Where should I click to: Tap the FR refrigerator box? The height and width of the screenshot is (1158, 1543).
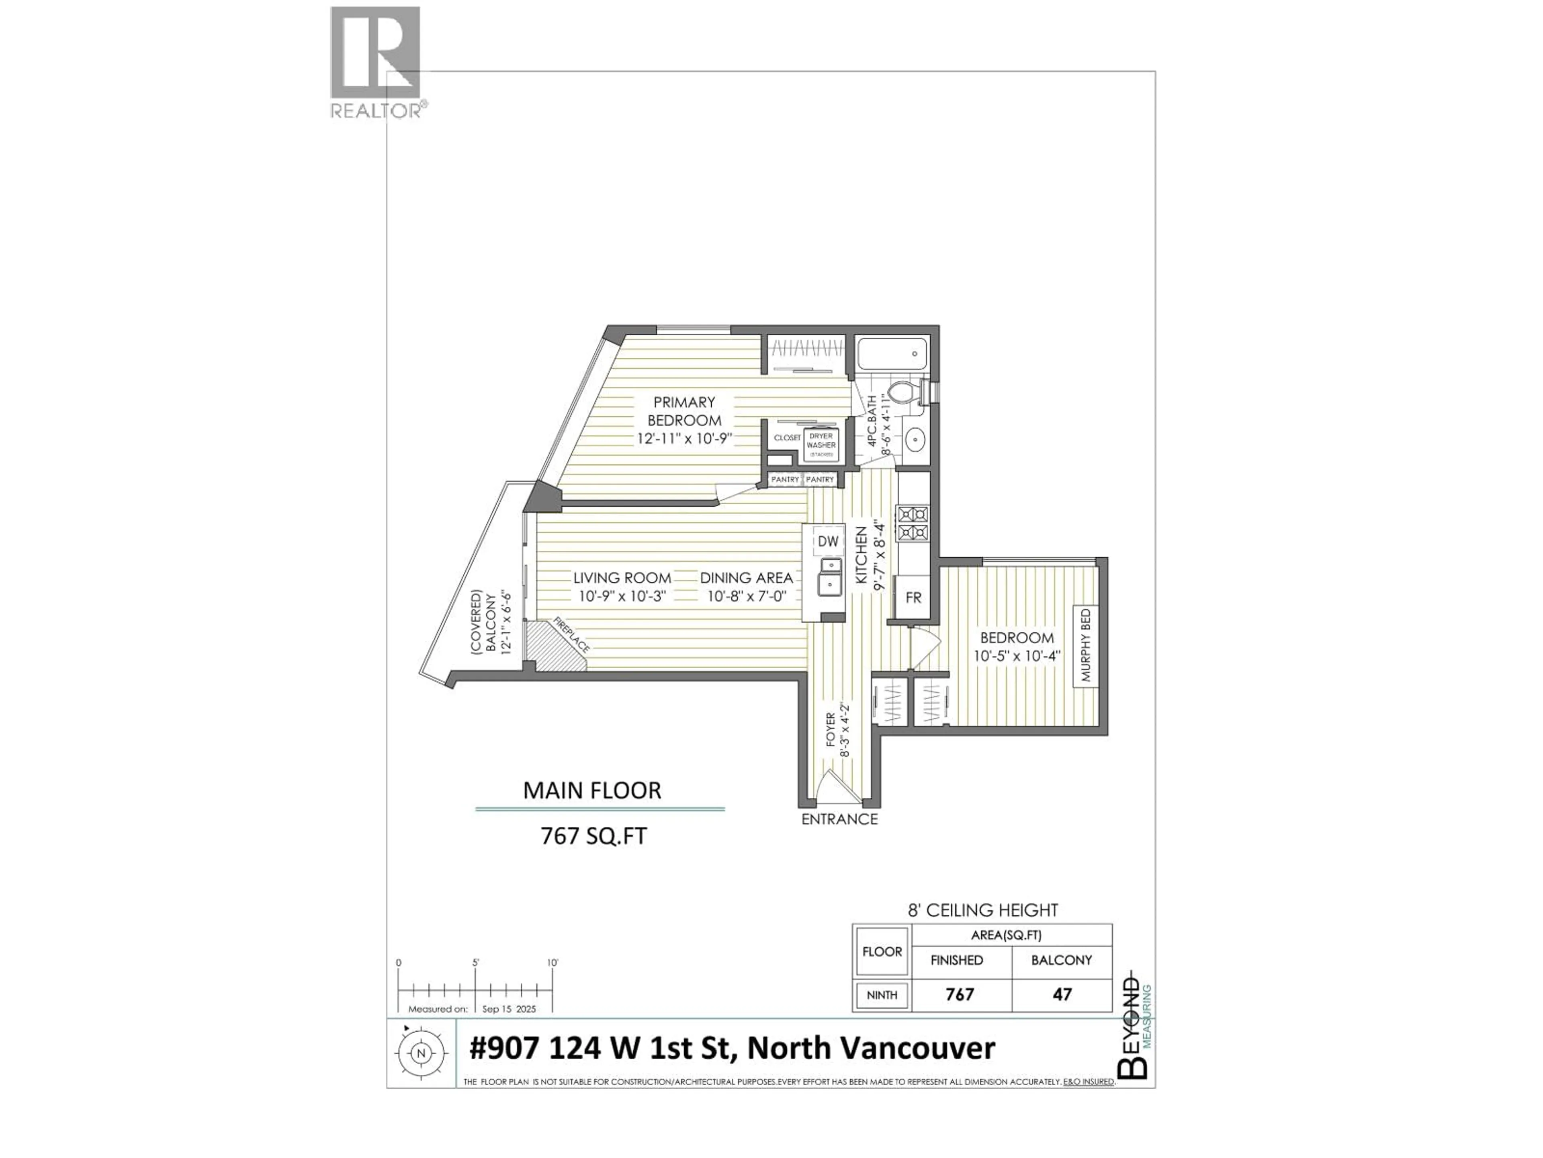[913, 597]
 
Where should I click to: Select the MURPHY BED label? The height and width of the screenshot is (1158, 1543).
[1085, 646]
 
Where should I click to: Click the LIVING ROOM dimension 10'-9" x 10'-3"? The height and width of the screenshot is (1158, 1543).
[622, 597]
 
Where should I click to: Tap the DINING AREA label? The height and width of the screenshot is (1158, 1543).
[747, 578]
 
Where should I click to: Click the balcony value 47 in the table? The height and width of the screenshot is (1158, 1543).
[1062, 994]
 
